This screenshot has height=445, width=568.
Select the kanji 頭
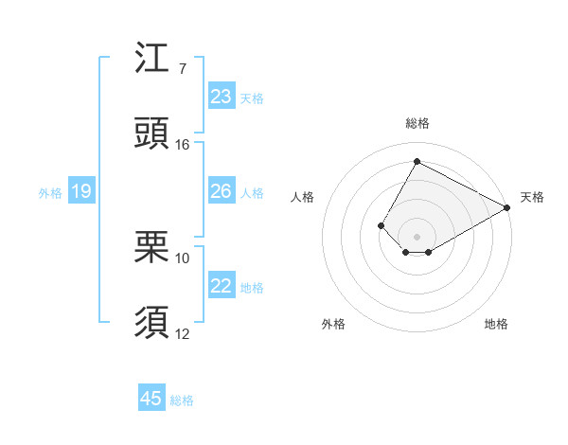[x=152, y=133]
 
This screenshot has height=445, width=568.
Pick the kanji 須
[x=152, y=322]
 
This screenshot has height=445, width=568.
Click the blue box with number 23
[x=222, y=97]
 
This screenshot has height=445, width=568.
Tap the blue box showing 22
[x=222, y=287]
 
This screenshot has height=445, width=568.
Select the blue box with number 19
[x=81, y=192]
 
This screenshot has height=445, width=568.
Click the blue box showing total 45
[x=151, y=399]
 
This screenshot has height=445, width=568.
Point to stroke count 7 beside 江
[x=182, y=69]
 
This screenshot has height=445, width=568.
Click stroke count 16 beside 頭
[x=183, y=145]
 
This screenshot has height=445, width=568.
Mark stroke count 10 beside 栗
[x=183, y=258]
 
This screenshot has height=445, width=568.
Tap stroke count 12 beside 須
[x=183, y=333]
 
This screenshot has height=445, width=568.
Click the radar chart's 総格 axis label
[x=417, y=123]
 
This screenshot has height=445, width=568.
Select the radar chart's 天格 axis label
[x=532, y=197]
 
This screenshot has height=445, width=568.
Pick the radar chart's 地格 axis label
[x=496, y=324]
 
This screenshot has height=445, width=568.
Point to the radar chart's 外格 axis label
[x=334, y=324]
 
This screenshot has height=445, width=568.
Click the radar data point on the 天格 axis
[x=507, y=207]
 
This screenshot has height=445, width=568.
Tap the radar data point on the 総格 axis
[x=417, y=161]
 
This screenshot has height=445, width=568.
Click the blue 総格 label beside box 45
[x=182, y=400]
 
